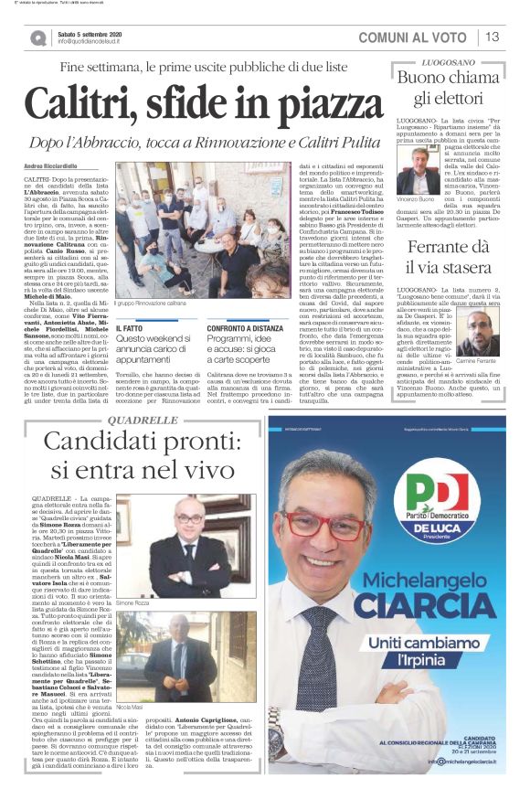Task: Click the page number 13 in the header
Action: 493,37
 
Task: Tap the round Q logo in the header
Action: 37,37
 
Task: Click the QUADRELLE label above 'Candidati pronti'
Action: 143,419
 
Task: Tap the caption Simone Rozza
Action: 132,603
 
